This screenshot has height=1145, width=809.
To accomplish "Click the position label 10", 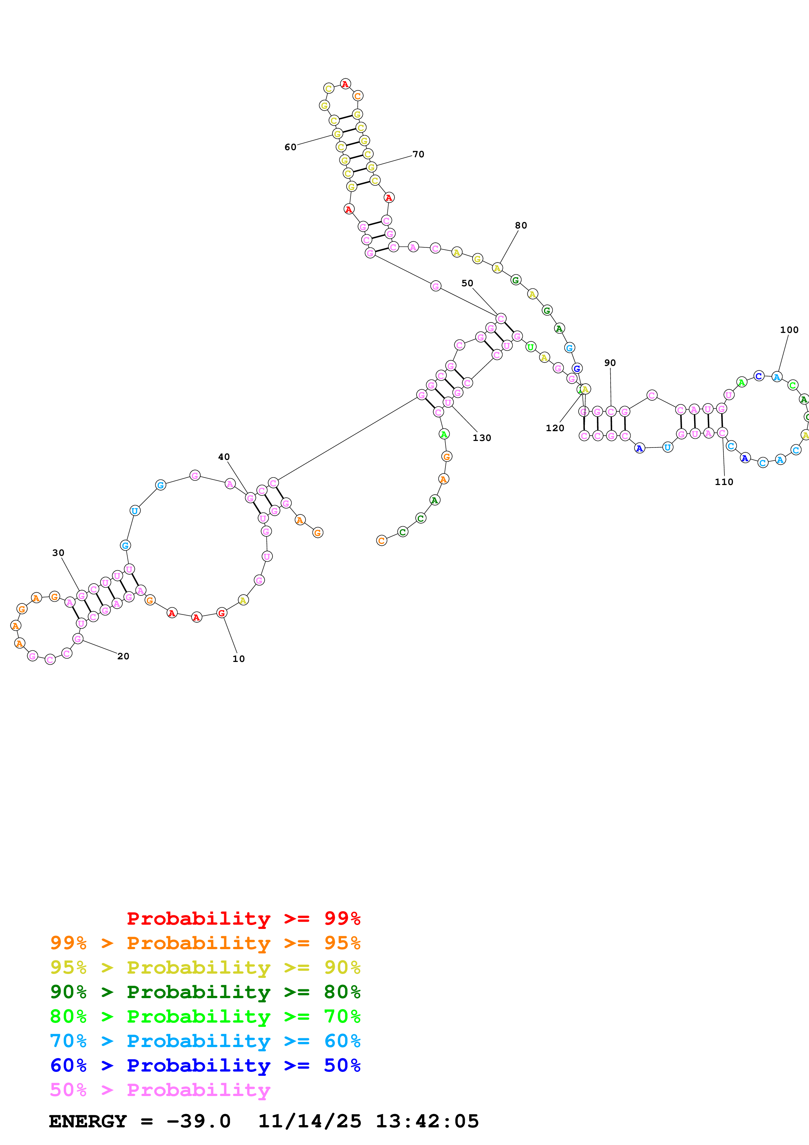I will [238, 659].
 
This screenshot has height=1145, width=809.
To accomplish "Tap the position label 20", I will [123, 656].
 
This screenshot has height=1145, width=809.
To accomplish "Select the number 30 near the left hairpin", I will [58, 553].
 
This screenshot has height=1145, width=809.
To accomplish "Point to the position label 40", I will [224, 457].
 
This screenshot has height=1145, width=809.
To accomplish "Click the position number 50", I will [467, 283].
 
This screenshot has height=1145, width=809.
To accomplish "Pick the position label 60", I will [290, 147].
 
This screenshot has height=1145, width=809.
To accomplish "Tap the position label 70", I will [418, 155].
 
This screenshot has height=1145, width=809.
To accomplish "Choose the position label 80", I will [521, 226].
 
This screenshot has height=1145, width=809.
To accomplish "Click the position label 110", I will [724, 482].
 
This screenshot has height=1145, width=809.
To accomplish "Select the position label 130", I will [481, 438].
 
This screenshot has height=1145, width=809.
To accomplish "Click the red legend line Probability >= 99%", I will [243, 918].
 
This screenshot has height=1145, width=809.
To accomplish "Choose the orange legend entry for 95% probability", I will [205, 943].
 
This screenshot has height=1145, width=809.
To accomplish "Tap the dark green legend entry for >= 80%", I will [205, 992].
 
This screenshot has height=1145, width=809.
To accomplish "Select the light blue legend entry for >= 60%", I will [205, 1041].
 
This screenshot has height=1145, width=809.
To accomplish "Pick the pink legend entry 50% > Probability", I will [160, 1090].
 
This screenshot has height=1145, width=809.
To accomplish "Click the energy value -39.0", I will [198, 1121].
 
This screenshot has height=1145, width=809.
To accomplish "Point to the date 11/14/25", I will [310, 1121].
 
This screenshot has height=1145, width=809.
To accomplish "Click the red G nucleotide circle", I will [222, 613].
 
